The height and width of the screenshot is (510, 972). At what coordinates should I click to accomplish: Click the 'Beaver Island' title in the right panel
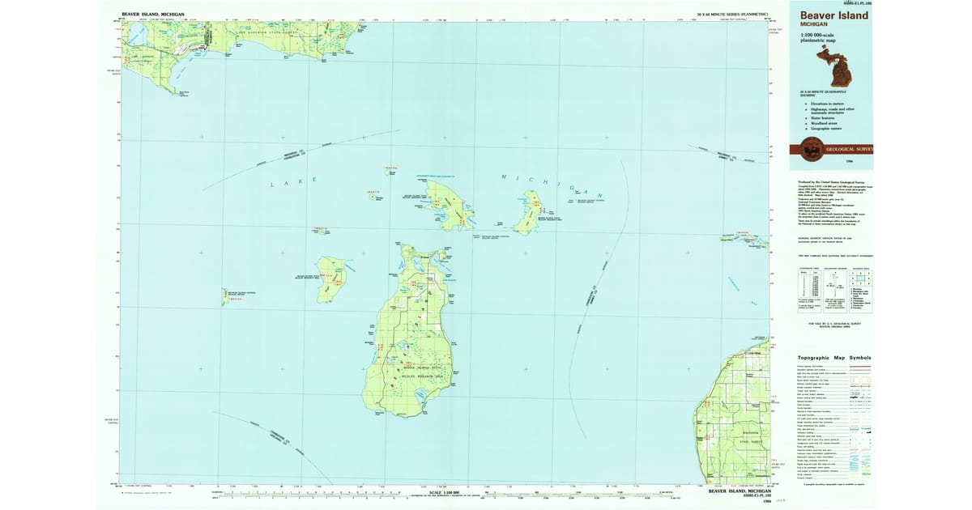tap(833, 15)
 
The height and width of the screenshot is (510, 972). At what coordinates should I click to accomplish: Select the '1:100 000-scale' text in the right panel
tap(818, 36)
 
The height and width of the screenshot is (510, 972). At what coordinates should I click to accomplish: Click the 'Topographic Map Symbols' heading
tap(833, 357)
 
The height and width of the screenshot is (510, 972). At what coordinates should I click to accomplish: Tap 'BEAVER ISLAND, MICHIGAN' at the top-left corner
tap(153, 15)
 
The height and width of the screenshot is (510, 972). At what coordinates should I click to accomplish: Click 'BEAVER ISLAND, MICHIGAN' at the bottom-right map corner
tap(740, 491)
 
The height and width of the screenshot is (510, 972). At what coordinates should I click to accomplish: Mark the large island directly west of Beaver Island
tap(331, 278)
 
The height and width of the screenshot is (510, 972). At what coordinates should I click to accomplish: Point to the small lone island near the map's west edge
tap(224, 297)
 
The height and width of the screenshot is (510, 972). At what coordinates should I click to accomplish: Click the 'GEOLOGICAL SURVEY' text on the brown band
tap(850, 150)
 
